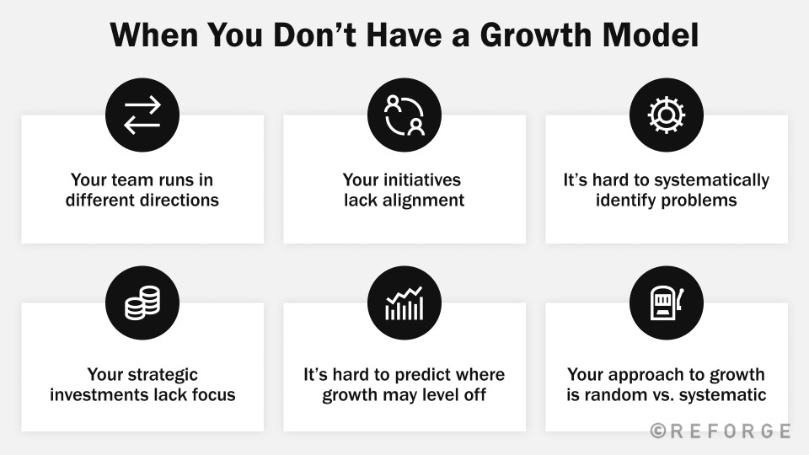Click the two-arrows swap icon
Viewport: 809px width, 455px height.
tap(142, 115)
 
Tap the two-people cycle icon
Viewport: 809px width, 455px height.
tap(404, 115)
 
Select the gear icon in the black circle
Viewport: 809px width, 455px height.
tap(667, 115)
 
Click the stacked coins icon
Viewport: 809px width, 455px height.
tap(142, 302)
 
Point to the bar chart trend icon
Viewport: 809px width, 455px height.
tap(404, 302)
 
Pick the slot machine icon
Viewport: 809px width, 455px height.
tap(667, 302)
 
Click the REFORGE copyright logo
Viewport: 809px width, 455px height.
tap(721, 431)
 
